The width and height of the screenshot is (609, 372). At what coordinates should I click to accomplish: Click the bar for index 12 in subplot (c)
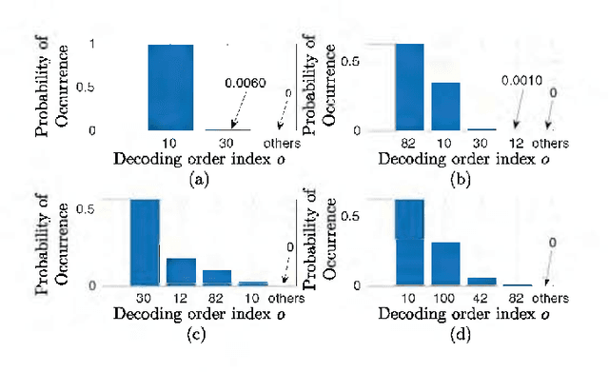pos(181,272)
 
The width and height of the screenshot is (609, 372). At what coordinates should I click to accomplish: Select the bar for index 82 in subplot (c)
pos(217,278)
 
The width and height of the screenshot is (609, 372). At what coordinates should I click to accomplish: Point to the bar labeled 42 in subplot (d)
pos(481,282)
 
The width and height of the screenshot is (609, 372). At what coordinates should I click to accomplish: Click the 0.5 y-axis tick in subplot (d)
pos(351,217)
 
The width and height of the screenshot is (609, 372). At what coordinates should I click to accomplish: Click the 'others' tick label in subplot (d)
pos(548,299)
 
